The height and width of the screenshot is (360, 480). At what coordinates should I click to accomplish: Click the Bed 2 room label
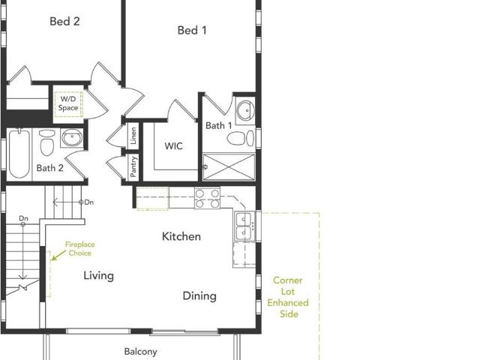(64, 22)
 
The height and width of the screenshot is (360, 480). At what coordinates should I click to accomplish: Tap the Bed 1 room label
(192, 30)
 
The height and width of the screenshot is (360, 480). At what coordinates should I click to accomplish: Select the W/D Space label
(68, 103)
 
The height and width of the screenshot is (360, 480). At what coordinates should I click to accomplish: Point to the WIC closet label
(173, 146)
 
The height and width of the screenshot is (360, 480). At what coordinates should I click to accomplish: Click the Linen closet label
(133, 136)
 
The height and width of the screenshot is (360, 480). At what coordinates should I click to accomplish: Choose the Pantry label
(133, 166)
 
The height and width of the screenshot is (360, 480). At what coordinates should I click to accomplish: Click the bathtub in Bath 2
(19, 153)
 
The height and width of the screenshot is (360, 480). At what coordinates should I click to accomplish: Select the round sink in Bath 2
(72, 138)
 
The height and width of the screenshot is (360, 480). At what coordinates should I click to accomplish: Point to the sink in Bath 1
(245, 110)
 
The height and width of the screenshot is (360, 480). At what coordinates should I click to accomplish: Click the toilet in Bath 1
(241, 138)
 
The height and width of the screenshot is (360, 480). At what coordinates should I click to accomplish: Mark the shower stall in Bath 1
(229, 166)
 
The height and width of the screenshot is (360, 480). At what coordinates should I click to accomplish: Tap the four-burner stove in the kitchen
(207, 198)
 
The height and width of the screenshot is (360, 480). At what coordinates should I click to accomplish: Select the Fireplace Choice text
(80, 248)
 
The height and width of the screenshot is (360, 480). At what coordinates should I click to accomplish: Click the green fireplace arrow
(58, 255)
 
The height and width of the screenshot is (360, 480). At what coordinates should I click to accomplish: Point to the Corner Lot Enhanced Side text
(288, 297)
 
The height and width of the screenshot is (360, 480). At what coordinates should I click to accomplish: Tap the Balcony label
(140, 352)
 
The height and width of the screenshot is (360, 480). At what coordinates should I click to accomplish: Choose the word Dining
(199, 296)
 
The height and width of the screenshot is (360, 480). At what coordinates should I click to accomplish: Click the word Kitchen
(181, 236)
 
